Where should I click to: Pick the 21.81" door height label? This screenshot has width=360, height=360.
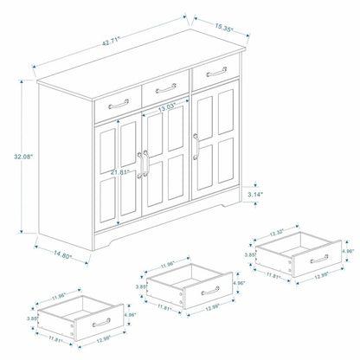click(x=120, y=173)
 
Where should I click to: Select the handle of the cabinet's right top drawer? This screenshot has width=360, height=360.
click(x=215, y=72)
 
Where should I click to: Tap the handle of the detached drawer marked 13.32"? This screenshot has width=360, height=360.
click(x=318, y=258)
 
